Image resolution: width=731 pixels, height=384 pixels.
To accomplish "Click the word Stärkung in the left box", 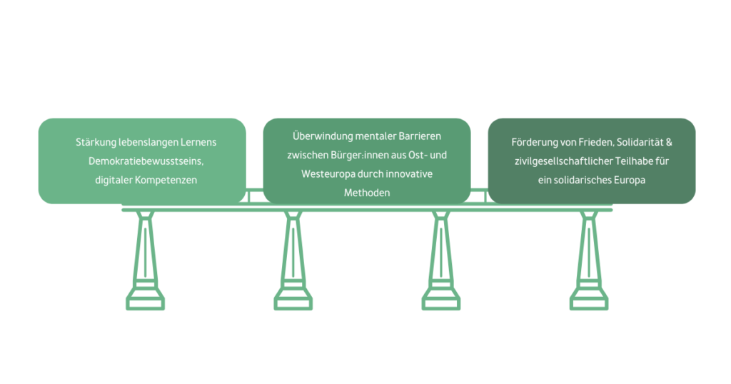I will (96, 143).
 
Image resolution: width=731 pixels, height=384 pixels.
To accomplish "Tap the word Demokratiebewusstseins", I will (141, 161).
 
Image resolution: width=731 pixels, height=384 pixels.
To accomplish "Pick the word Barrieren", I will (418, 136).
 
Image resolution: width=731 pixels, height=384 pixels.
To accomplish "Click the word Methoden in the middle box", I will (367, 193).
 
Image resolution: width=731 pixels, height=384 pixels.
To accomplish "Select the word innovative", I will (410, 173).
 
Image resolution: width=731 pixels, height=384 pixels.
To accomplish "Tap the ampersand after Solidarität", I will (669, 143).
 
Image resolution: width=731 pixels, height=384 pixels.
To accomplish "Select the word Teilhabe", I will (626, 161).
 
